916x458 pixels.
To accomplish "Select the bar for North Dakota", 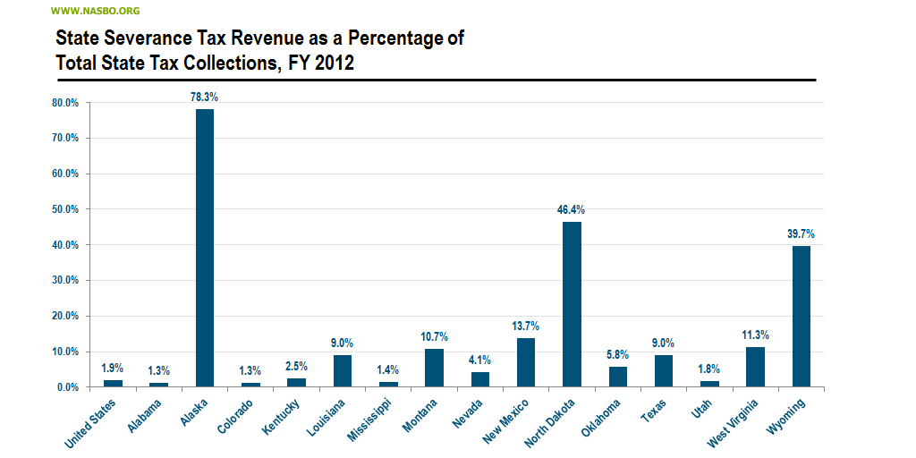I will click(572, 304).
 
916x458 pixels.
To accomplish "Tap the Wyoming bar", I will click(801, 317).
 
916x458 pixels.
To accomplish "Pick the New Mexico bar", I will click(526, 362).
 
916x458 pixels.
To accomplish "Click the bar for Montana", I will click(434, 368).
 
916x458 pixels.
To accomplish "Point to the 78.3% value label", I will click(204, 96).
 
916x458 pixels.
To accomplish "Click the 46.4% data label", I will click(572, 209).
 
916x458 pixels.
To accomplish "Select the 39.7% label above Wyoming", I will click(801, 233).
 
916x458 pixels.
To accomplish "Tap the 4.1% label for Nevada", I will click(479, 360).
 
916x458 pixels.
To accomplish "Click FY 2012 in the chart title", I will click(322, 64).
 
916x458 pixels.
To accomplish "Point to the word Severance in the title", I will click(138, 38).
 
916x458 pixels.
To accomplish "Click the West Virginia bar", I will click(755, 367).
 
